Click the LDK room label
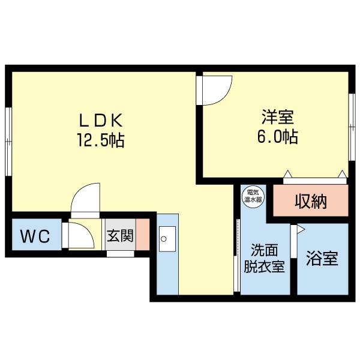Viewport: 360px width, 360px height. coord(101,121)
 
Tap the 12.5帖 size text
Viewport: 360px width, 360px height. coord(101,140)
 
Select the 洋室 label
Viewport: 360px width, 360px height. coord(278,117)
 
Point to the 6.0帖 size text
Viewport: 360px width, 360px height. coord(278,136)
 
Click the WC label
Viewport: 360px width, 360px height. coord(35,236)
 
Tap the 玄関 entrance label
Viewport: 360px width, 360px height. coord(121,235)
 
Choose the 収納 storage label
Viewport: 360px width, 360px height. coord(311,202)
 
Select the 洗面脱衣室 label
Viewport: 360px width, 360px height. coord(265,258)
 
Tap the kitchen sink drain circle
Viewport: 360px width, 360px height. coord(163,239)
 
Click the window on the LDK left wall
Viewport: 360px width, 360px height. coord(8,142)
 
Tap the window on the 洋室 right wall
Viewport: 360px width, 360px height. coord(352,127)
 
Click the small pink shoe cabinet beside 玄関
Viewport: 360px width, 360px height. coord(143,234)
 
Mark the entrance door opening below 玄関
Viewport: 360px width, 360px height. coord(121,254)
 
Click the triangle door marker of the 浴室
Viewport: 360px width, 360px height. coord(301,229)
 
